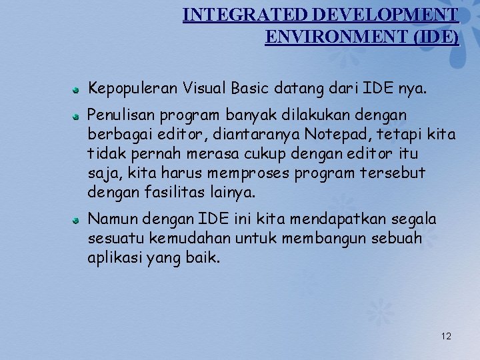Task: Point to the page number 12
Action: click(446, 336)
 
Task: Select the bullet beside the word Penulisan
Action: click(77, 115)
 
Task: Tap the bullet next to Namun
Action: click(77, 219)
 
